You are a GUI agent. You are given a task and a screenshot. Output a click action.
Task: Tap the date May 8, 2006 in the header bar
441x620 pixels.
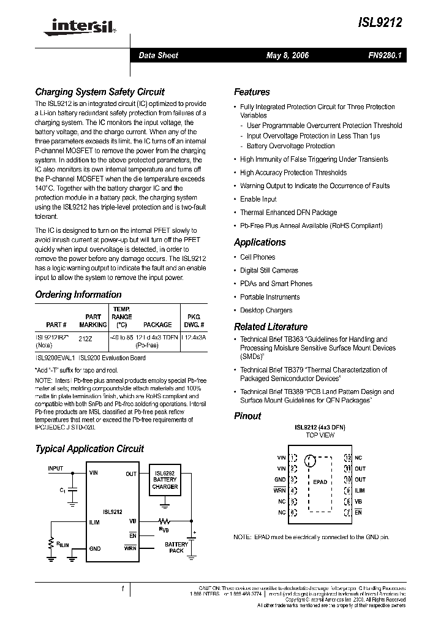tap(287, 55)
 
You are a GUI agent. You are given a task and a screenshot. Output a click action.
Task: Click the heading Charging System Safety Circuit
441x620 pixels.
tap(99, 92)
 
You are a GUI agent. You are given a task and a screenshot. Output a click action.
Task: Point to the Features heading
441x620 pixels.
tap(252, 92)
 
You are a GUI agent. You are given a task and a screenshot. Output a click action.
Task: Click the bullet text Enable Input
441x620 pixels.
tap(258, 199)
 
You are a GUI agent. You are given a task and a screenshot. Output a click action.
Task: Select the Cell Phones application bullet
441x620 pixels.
tap(257, 257)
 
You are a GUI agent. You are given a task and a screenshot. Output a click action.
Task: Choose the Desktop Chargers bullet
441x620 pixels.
tap(266, 310)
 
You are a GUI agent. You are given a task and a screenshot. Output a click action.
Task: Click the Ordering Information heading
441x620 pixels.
tap(78, 295)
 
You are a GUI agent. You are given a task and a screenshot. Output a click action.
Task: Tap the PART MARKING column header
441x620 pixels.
tap(93, 320)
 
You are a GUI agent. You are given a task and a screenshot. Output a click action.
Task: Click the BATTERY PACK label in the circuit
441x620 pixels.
tap(176, 547)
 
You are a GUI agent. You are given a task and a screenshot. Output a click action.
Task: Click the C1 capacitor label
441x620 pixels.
tap(62, 490)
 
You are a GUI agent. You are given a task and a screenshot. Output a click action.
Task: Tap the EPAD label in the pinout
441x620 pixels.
tap(320, 482)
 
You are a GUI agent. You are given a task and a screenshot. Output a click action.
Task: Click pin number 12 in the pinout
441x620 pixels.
tap(347, 458)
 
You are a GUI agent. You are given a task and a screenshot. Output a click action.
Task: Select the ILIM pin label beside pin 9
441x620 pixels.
tap(360, 490)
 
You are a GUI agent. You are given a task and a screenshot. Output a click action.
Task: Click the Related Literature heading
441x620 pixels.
tap(271, 327)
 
